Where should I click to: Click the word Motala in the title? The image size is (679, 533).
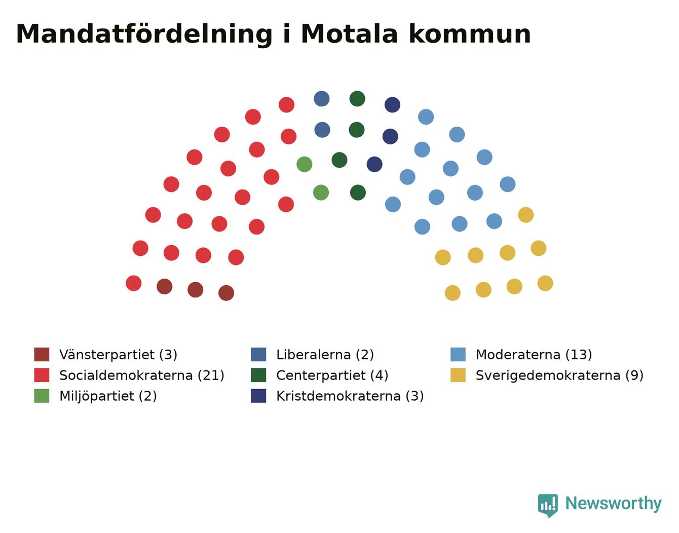tap(350, 34)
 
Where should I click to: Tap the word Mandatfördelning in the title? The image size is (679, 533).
tap(144, 35)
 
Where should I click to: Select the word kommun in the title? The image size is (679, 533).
tap(470, 34)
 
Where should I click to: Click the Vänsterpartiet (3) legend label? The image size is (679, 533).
tap(118, 355)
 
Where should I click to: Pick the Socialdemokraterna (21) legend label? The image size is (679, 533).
tap(142, 375)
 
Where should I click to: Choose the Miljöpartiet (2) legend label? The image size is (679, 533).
tap(108, 396)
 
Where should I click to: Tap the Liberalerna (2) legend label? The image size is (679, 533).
tap(325, 355)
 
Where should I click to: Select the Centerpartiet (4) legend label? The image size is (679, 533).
tap(332, 375)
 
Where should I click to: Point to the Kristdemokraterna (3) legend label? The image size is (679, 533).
tap(350, 396)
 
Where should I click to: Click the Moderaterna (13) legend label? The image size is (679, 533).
tap(534, 355)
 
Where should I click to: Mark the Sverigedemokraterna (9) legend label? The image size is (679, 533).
tap(559, 375)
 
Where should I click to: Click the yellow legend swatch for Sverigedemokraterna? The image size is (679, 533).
tap(458, 375)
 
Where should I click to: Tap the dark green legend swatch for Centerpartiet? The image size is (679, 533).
tap(258, 375)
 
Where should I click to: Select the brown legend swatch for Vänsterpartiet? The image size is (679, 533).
tap(42, 354)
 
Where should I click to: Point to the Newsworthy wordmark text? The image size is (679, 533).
tap(614, 504)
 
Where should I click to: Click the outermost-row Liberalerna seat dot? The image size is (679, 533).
tap(322, 99)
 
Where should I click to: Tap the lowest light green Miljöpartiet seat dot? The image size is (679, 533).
tap(321, 193)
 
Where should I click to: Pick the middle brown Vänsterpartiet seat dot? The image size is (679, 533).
tap(195, 290)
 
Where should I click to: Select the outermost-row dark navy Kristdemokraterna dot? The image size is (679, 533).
tap(393, 105)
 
